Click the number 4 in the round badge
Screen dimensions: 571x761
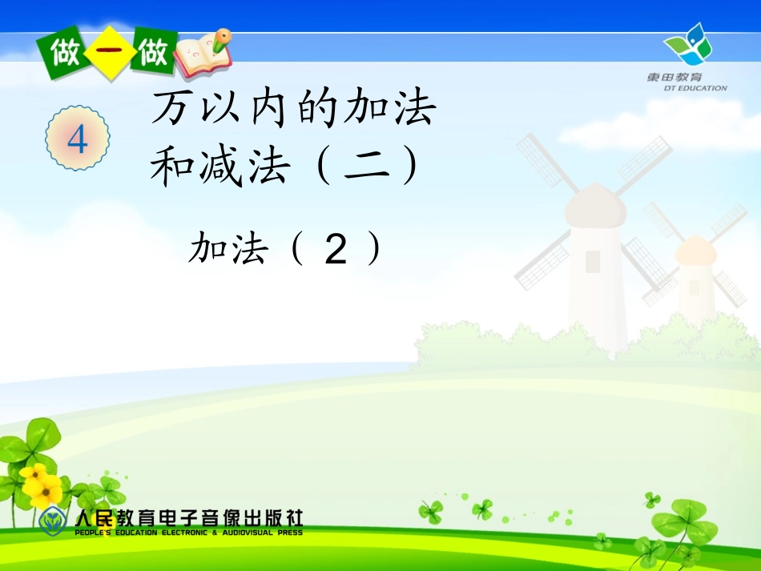78,141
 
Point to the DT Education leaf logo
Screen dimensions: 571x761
687,45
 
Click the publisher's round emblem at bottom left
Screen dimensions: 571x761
54,521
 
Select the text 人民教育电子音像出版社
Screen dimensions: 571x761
189,519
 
